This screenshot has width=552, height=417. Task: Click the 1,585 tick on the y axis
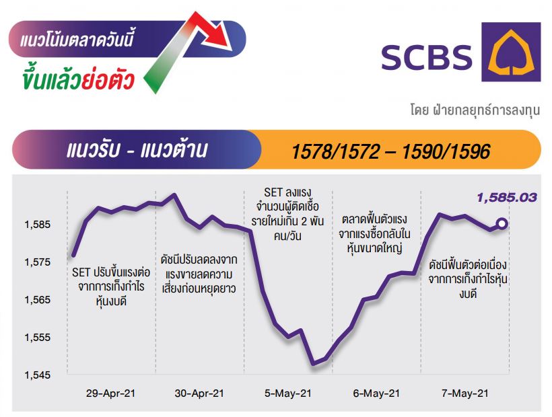pyautogui.click(x=37, y=225)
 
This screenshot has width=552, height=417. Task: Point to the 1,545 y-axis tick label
pyautogui.click(x=37, y=375)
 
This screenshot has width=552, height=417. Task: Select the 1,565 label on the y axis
pyautogui.click(x=37, y=300)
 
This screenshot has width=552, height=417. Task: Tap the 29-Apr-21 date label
pyautogui.click(x=110, y=393)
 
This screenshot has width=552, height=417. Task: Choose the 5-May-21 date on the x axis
pyautogui.click(x=288, y=393)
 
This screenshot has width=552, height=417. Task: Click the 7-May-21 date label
pyautogui.click(x=465, y=393)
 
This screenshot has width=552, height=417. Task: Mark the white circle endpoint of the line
pyautogui.click(x=502, y=223)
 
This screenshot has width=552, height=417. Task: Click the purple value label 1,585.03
pyautogui.click(x=507, y=198)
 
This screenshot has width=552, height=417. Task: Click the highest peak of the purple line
pyautogui.click(x=174, y=194)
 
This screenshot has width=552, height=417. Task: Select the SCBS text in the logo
pyautogui.click(x=427, y=57)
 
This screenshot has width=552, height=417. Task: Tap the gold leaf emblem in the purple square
pyautogui.click(x=511, y=52)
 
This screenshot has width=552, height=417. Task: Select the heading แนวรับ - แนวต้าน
pyautogui.click(x=137, y=150)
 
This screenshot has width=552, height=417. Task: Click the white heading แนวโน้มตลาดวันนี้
pyautogui.click(x=77, y=40)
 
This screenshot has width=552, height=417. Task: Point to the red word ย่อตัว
pyautogui.click(x=108, y=79)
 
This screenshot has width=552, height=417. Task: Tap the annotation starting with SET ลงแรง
pyautogui.click(x=287, y=214)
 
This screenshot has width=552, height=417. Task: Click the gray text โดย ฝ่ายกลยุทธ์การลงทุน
pyautogui.click(x=475, y=110)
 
